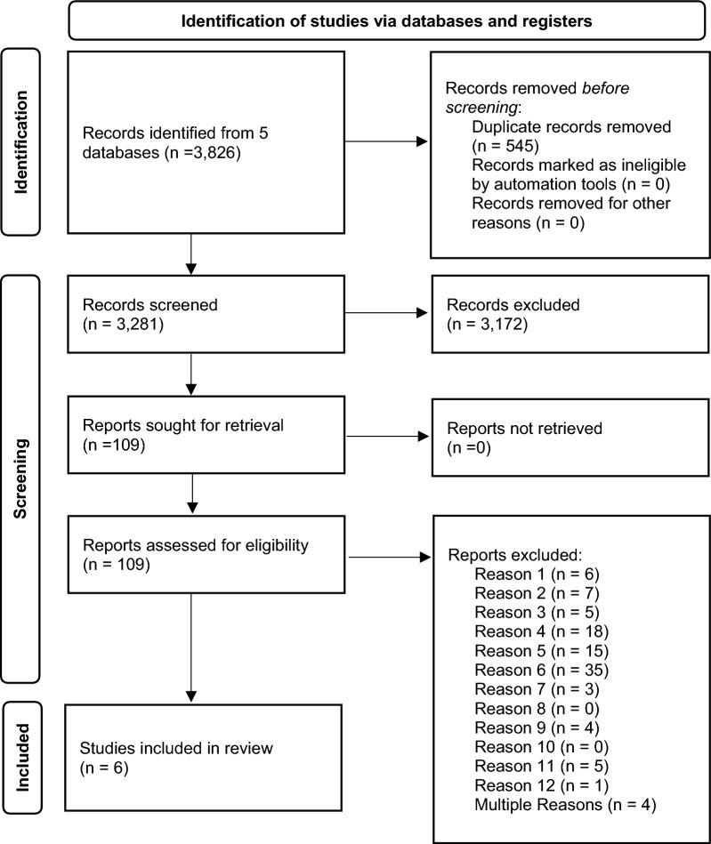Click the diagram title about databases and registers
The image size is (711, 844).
[387, 21]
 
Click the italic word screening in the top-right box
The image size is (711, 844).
[479, 108]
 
